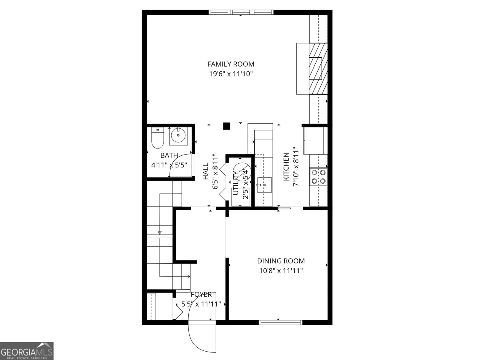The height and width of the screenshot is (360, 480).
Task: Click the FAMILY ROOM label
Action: (x=231, y=64)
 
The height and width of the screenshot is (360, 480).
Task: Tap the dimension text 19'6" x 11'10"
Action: (x=231, y=74)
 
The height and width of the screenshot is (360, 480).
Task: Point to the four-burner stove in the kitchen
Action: (x=319, y=177)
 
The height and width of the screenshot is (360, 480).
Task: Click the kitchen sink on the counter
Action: (x=264, y=184)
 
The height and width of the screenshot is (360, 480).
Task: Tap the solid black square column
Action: (x=226, y=126)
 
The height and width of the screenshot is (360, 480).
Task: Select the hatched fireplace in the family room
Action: (x=318, y=69)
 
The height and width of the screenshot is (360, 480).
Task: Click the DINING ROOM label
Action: (x=281, y=261)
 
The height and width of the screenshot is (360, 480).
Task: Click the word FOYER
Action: (x=201, y=295)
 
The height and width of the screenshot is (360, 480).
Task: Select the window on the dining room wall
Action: (x=280, y=322)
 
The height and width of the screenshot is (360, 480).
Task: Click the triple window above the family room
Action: (x=241, y=12)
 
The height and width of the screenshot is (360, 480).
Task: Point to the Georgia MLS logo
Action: (x=27, y=351)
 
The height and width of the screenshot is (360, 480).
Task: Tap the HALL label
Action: (x=205, y=172)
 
